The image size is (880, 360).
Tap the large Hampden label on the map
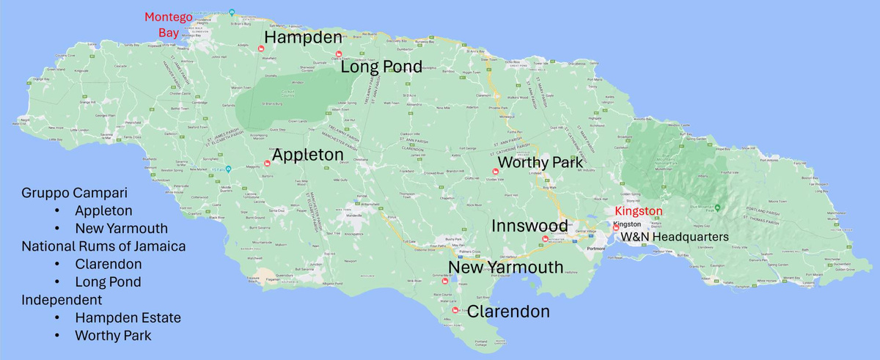coord(303,37)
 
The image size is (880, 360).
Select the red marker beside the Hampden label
coord(261,48)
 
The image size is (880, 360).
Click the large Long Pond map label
coord(381,67)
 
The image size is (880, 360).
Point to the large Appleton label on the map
coord(307,155)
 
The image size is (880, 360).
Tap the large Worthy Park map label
coord(540,162)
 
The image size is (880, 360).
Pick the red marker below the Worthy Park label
coord(494,172)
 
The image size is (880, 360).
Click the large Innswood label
coord(529,225)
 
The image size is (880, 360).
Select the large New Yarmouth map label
coord(505,267)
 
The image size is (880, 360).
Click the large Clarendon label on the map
coord(508,312)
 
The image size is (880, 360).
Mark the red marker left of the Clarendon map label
coord(456,310)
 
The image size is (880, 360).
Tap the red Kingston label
coord(637,211)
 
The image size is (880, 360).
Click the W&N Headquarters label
coord(675,237)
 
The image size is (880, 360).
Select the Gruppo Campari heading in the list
coord(74,194)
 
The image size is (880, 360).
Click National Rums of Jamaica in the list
coord(103,246)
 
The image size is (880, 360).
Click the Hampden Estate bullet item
coord(128,317)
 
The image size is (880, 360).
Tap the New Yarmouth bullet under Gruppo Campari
coord(121,228)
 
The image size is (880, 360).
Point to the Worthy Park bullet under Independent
coord(113,336)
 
